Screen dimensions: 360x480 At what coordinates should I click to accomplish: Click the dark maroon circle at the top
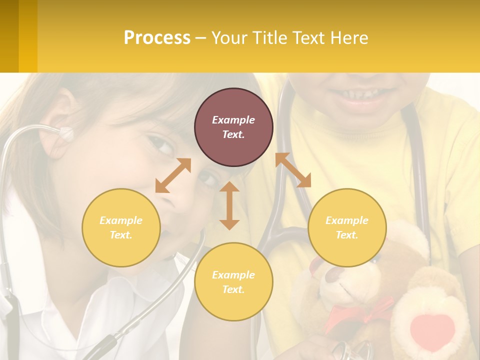point(233,127)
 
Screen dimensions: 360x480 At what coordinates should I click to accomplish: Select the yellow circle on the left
point(121,227)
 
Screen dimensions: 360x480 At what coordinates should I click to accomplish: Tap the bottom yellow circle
point(233,282)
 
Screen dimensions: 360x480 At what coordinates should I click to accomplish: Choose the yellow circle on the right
point(347,227)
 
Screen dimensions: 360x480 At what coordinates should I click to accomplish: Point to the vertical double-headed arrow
point(229,205)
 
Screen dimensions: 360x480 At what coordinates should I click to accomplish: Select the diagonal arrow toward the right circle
point(293,170)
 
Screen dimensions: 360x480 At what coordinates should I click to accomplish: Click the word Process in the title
point(157,37)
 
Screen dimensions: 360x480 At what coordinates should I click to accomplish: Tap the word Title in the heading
point(270,37)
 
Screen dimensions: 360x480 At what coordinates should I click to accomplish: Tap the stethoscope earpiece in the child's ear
point(66,133)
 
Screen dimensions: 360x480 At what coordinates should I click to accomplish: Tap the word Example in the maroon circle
point(233,120)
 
